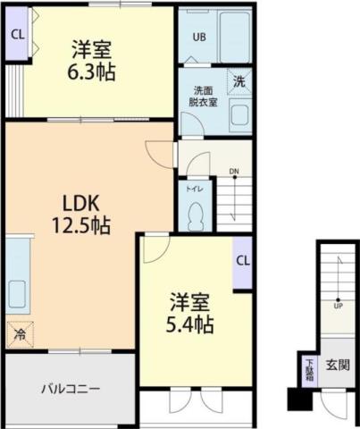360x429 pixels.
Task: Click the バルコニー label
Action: click(x=69, y=390)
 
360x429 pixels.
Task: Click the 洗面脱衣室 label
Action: click(x=203, y=96)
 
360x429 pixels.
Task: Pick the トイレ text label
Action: click(x=193, y=189)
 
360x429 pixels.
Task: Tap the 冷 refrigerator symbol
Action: click(x=19, y=334)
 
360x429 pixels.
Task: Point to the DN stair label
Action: click(x=233, y=172)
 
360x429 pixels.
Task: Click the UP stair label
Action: click(x=338, y=305)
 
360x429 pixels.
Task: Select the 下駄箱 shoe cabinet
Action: click(x=308, y=368)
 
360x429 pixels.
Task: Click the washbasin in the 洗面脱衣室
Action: click(x=239, y=114)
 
